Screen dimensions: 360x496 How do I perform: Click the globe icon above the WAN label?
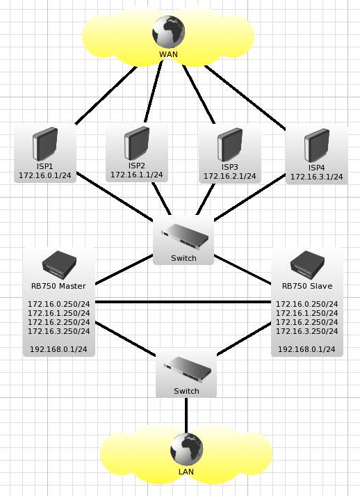168,32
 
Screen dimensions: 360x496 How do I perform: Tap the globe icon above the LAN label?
186,449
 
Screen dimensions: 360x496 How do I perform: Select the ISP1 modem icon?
45,144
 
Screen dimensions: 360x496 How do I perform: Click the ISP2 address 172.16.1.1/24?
137,175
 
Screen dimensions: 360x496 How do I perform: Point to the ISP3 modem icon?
230,145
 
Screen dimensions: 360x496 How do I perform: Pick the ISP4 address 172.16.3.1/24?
316,177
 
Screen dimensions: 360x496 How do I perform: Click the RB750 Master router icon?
59,264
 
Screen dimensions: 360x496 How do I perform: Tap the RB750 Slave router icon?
307,264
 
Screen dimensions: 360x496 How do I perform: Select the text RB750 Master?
58,286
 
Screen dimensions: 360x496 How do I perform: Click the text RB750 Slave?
307,286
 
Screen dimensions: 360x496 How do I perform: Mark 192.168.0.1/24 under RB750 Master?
58,349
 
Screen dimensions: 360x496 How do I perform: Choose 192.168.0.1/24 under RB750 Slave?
306,349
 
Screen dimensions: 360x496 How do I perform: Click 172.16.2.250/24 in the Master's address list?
59,322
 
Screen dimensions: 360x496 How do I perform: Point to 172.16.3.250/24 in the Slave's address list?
307,331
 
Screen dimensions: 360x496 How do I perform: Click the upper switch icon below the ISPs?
185,235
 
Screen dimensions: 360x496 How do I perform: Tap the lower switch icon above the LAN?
188,368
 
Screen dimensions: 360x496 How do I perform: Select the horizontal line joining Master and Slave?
183,302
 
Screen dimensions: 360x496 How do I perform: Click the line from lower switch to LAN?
186,415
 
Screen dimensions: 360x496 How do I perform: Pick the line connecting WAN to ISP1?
106,95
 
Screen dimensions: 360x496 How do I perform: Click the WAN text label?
168,54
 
